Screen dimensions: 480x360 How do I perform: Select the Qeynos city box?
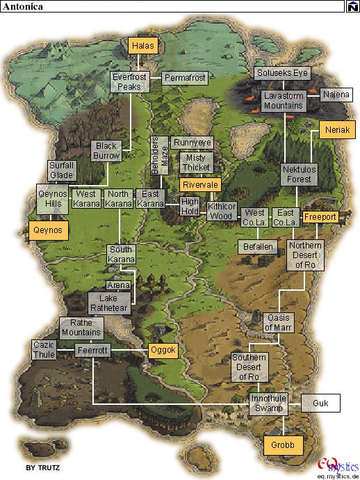tap(49, 230)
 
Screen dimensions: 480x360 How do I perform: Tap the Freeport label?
tap(320, 217)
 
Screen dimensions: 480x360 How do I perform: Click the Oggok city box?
tap(164, 350)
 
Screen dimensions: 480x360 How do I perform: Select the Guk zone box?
tap(320, 403)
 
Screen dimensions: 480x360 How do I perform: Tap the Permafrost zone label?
tap(184, 78)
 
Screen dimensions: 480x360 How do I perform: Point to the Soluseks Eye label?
tap(283, 72)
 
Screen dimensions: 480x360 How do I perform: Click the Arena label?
tap(118, 285)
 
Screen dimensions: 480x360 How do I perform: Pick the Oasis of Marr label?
tap(278, 322)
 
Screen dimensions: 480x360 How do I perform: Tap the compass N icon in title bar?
tap(353, 6)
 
